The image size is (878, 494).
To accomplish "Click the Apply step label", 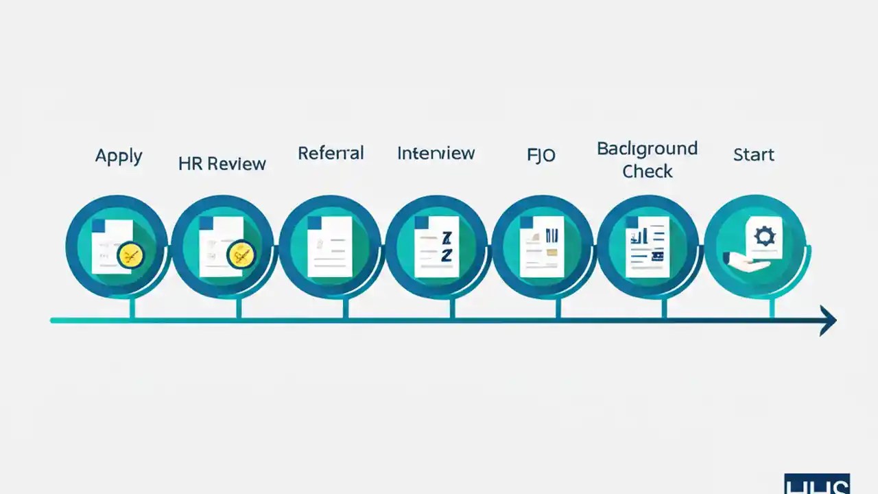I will (119, 156).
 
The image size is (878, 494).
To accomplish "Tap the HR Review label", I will (222, 164).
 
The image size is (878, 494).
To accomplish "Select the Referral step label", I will (331, 153).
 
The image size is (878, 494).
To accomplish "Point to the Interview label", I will (436, 153).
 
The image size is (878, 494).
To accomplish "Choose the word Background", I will (647, 149).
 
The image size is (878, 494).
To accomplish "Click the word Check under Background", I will (647, 172).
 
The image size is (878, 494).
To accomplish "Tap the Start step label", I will (753, 155).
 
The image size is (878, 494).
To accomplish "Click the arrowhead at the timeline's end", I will (828, 320).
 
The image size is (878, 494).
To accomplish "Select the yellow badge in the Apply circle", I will (130, 257).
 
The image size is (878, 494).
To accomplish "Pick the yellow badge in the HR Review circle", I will (240, 255).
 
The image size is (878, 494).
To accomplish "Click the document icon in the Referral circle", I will (329, 246).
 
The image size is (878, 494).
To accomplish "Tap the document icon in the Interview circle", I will (436, 246).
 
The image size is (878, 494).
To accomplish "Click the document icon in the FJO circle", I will (541, 246).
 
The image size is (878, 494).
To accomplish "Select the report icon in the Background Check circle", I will (647, 246).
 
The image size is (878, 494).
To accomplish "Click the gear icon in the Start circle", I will (763, 237).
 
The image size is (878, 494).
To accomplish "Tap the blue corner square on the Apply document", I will (98, 225).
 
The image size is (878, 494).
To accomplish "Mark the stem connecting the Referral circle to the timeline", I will (346, 307).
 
